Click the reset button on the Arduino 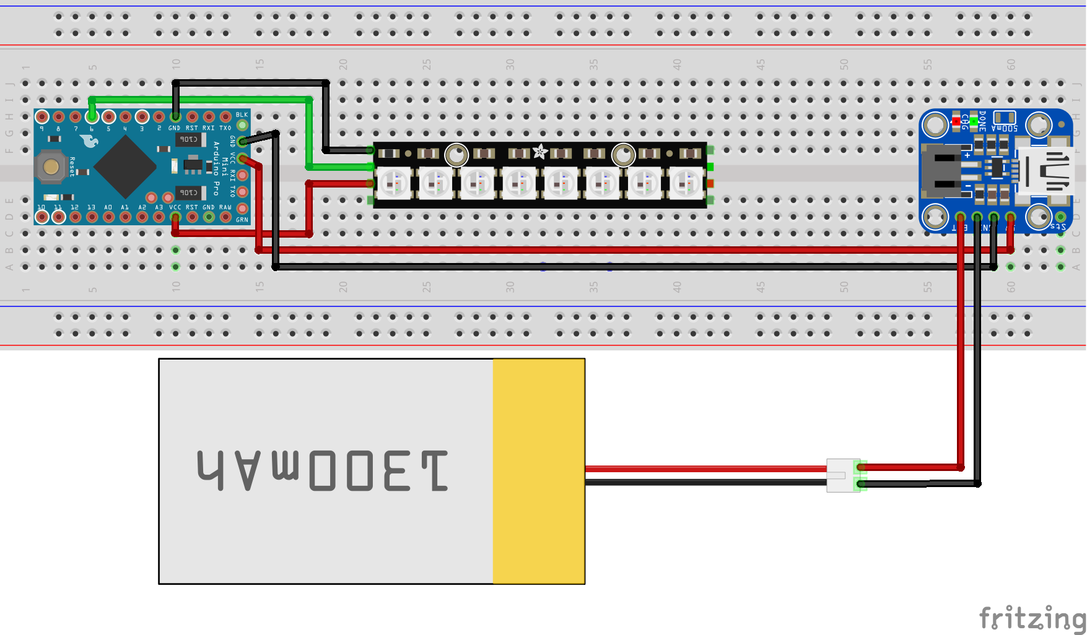click(51, 166)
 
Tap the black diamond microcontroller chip click(125, 166)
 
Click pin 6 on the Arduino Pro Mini click(92, 116)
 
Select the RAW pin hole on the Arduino click(225, 217)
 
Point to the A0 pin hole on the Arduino click(108, 217)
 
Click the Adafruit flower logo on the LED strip click(540, 151)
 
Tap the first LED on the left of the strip click(393, 183)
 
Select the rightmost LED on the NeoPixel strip click(686, 183)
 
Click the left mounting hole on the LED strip click(456, 155)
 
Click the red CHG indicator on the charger click(956, 121)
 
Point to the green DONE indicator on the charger click(974, 121)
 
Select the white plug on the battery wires click(842, 475)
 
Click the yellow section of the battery click(539, 471)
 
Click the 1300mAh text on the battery click(323, 471)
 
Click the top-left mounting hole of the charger click(935, 125)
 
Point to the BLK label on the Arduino click(242, 114)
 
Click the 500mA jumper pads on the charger click(1004, 117)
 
